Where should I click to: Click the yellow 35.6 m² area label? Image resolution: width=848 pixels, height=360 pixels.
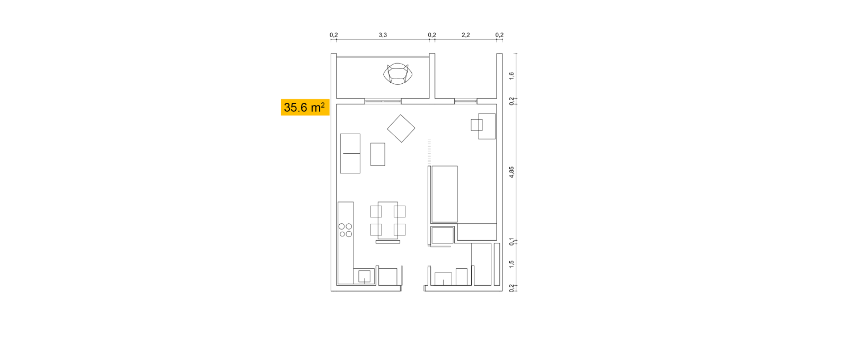305,108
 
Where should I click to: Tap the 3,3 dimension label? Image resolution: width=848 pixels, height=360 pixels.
383,35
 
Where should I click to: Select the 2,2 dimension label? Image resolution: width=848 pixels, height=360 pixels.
466,35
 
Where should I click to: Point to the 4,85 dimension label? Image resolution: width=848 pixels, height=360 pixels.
511,172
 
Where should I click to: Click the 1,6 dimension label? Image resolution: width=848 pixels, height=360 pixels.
511,76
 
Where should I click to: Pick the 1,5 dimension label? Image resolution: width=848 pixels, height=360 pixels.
511,264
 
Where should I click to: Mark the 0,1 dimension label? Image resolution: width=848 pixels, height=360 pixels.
511,242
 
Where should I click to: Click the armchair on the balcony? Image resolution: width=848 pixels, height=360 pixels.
397,74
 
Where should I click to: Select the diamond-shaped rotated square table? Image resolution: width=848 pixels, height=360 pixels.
401,128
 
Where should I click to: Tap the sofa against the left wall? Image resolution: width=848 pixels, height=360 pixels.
350,153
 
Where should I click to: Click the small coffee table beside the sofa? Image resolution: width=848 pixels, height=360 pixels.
378,154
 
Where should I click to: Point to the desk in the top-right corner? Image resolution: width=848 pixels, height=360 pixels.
487,126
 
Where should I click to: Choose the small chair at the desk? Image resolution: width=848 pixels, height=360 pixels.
476,125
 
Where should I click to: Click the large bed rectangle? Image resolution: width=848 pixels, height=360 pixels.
445,194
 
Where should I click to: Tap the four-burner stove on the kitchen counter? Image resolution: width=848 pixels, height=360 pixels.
345,230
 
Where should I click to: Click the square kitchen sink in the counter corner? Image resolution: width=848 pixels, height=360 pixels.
364,276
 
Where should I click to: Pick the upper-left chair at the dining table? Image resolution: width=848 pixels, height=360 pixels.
376,211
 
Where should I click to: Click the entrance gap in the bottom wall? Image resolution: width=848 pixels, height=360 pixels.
412,288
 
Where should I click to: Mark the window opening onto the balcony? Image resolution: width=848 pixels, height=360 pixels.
383,101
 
